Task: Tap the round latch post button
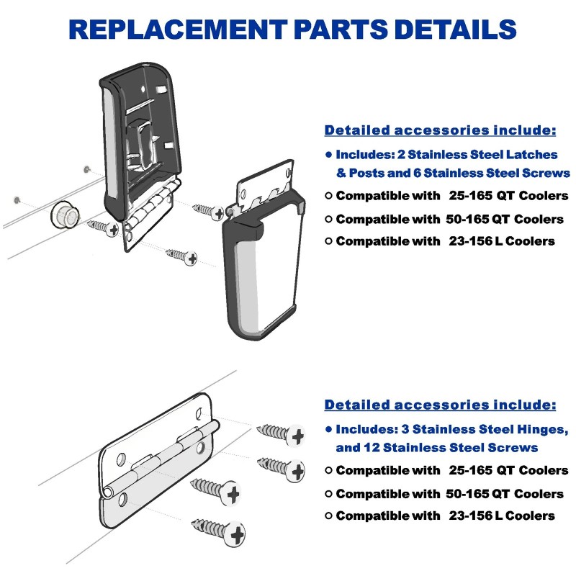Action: (63, 214)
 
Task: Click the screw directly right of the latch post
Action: (103, 228)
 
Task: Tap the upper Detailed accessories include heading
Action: (440, 130)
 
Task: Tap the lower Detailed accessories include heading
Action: (440, 404)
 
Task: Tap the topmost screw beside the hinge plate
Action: (282, 433)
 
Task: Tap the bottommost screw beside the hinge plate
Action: (218, 531)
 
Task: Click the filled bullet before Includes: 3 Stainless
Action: (328, 429)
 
